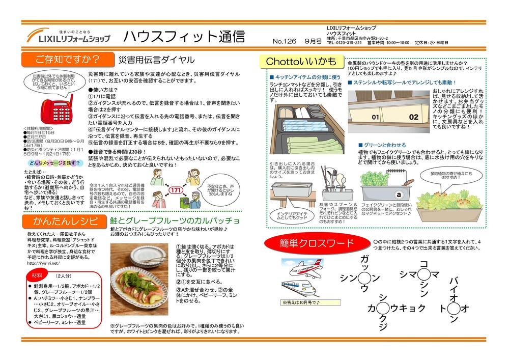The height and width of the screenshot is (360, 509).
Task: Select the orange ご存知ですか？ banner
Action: point(67,59)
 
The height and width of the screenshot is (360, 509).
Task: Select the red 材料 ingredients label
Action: point(37,275)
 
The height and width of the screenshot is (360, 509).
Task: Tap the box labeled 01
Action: point(375,117)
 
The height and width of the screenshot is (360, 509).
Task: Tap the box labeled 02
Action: point(413,117)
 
